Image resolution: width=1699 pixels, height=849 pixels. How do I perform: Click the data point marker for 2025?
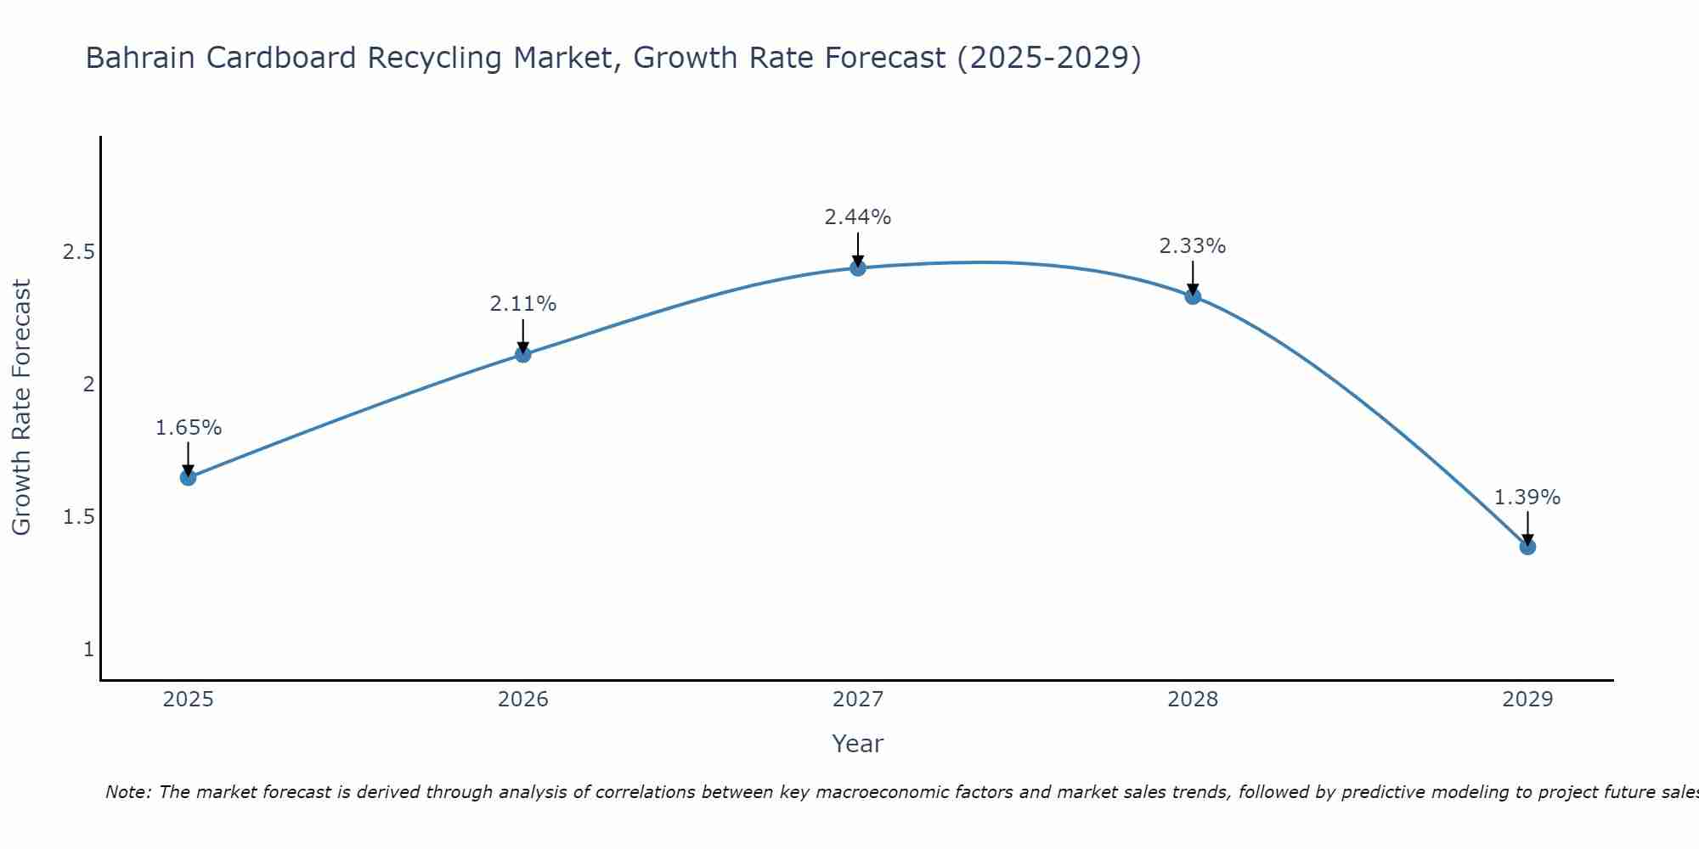(189, 477)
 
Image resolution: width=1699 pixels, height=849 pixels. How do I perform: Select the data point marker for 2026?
(523, 354)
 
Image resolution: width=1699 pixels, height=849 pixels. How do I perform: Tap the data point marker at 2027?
(858, 268)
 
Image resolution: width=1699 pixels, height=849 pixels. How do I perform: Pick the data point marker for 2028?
(1193, 296)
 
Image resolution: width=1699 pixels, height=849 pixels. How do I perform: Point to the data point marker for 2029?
(1527, 547)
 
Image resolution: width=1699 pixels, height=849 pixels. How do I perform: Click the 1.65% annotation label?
(189, 428)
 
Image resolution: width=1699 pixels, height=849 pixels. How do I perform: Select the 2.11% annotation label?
(523, 304)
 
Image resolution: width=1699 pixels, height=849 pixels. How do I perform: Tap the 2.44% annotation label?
(858, 217)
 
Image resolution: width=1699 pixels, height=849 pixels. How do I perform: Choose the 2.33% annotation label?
(1193, 246)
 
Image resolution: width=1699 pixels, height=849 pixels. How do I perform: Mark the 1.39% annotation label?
(1527, 498)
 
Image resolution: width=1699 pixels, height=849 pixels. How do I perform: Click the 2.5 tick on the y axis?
(78, 252)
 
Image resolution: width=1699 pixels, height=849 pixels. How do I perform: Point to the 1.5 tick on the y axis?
(78, 517)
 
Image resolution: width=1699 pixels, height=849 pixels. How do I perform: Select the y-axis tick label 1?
(88, 649)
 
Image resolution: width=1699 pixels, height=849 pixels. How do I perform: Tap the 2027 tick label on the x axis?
(858, 700)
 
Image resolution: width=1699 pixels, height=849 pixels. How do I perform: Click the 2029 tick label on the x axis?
(1527, 700)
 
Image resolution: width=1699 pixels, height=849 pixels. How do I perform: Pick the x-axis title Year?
(858, 744)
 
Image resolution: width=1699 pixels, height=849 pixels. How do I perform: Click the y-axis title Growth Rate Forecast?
(21, 408)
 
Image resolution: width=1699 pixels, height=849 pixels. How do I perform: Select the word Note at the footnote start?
(127, 792)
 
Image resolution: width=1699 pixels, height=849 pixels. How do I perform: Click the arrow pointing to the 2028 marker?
(1193, 277)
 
